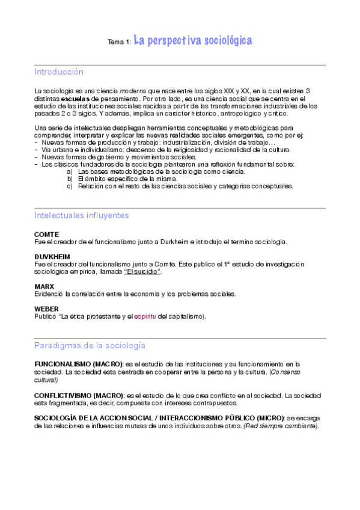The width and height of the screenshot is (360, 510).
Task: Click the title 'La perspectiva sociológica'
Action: tap(192, 41)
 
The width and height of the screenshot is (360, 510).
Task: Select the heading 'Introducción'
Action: tap(59, 72)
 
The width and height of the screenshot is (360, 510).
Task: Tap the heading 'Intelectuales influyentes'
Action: tap(81, 215)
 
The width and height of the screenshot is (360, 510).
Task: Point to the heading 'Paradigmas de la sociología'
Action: tap(90, 346)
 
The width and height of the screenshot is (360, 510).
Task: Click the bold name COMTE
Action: tap(47, 234)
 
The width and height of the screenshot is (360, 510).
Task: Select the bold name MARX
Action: tap(44, 286)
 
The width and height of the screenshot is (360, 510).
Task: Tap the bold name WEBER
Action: tap(47, 309)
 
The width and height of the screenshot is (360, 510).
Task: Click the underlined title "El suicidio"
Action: tap(142, 272)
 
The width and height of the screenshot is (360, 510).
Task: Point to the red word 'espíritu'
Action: tap(145, 316)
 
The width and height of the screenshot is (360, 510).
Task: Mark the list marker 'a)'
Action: tap(70, 171)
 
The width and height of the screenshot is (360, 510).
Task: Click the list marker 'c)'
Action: tap(70, 186)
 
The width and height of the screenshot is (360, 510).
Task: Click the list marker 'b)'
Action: tap(70, 179)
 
